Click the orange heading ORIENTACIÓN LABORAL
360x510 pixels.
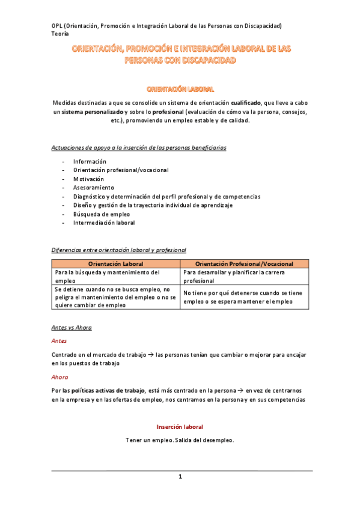[x=180, y=89]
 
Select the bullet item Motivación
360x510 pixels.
[x=88, y=179]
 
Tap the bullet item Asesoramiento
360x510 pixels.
[x=93, y=188]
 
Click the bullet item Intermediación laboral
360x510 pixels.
[x=104, y=223]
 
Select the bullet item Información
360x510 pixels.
[x=90, y=162]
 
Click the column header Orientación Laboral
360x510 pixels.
[x=116, y=264]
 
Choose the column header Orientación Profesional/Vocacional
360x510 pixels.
[x=245, y=264]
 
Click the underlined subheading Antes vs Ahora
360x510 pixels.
[x=72, y=328]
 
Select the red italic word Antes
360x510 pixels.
[x=59, y=340]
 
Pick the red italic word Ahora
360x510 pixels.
[x=60, y=377]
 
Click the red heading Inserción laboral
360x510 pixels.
[x=180, y=427]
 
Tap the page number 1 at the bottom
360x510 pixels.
[x=180, y=477]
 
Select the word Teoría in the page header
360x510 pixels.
[x=61, y=34]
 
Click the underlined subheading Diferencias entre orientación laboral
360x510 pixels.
[x=119, y=250]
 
